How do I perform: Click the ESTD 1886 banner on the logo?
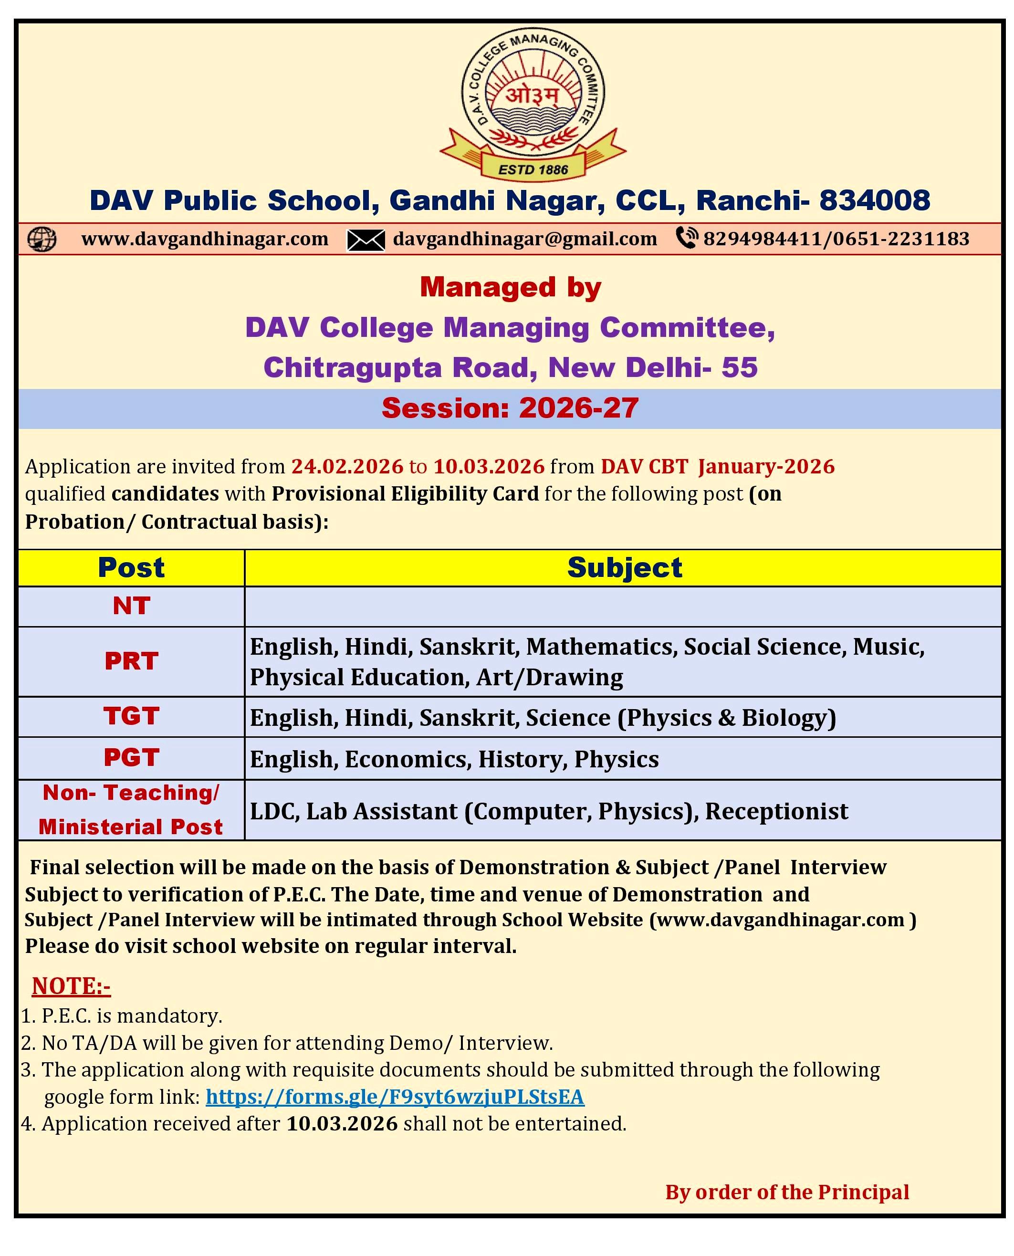(533, 169)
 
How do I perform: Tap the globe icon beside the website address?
(42, 239)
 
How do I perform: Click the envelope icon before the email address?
(366, 240)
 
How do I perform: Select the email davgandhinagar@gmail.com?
(524, 239)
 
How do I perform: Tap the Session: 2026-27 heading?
(510, 408)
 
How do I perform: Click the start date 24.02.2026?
(347, 466)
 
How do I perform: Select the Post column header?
(131, 568)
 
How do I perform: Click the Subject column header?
(625, 568)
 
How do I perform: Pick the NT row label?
(131, 606)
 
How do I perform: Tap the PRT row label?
(131, 661)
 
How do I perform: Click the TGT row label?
(131, 716)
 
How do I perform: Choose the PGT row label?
(131, 758)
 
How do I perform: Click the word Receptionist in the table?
(776, 811)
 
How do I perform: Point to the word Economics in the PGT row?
(408, 759)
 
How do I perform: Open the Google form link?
(395, 1097)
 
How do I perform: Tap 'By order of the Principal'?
(787, 1193)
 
